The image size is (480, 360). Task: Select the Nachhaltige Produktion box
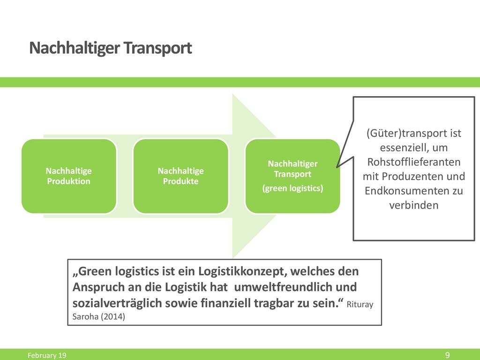pos(69,176)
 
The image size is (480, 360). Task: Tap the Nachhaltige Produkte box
pos(180,176)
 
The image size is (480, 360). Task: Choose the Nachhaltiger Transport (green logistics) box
pos(292,176)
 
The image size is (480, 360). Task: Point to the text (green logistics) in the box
pos(292,188)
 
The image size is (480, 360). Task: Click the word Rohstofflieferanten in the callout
pos(414,162)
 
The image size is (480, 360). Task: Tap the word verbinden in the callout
pos(414,205)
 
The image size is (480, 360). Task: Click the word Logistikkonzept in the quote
pos(242,271)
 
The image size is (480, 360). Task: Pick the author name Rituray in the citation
pos(360,305)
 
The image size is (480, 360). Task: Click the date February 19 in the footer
pos(47,355)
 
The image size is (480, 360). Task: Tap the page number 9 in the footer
pos(447,355)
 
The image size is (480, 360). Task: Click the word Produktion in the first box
pos(69,181)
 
